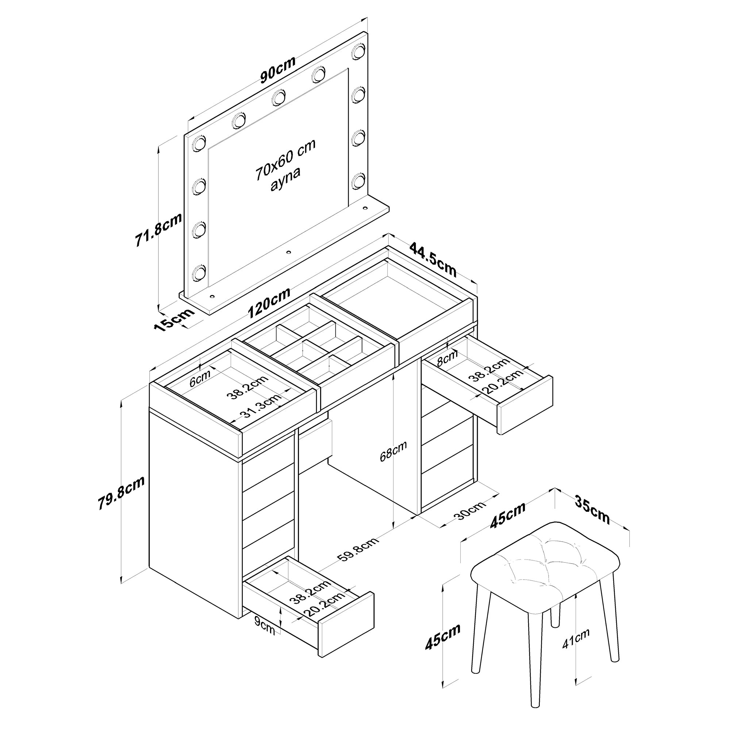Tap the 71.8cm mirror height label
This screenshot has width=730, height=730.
[x=159, y=230]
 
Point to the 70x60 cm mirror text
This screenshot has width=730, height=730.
[x=285, y=159]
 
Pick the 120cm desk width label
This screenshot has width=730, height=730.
[x=269, y=303]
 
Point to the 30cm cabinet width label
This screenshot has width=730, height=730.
[x=471, y=511]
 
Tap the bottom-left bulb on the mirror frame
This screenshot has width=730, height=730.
[x=199, y=273]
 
